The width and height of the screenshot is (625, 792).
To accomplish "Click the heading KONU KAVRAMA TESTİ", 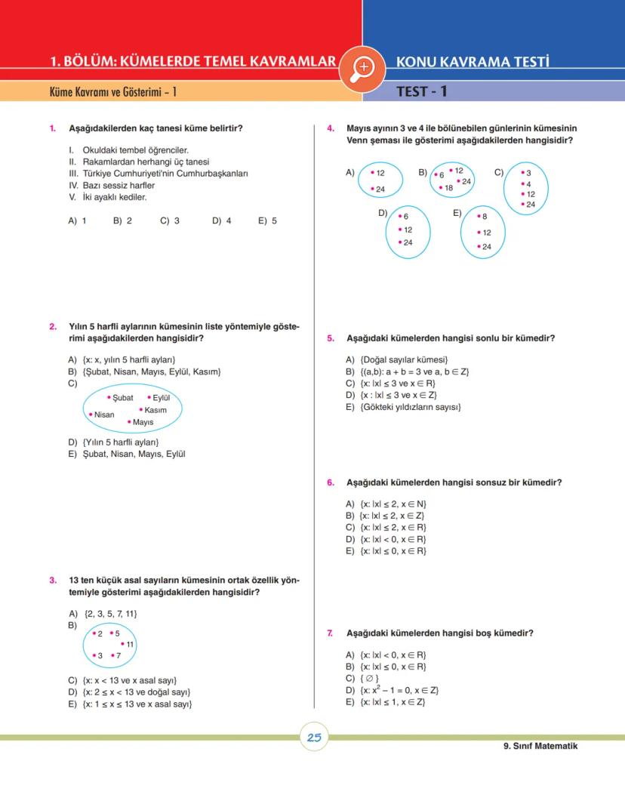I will tap(472, 62).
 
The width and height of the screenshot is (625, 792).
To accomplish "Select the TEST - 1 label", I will tap(422, 92).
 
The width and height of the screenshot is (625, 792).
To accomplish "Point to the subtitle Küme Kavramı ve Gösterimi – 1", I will tap(112, 92).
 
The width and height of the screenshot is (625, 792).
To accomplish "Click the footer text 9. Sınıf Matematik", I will tap(540, 746).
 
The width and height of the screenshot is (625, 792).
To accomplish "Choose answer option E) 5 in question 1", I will tap(267, 221).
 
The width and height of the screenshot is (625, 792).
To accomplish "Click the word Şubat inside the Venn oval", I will tap(122, 398).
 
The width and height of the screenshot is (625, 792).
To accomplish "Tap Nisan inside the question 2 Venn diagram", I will tap(104, 414).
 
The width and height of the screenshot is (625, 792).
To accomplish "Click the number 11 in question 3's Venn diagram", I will tap(130, 644).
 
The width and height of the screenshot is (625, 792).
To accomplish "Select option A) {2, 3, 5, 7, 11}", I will tap(103, 614).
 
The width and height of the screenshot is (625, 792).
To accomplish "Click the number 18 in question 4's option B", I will tap(448, 188).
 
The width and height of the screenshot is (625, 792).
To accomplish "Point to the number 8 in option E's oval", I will tap(484, 217).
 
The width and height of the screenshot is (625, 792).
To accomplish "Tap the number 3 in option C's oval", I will tap(528, 173).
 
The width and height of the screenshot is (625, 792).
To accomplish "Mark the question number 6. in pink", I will tap(331, 482).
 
